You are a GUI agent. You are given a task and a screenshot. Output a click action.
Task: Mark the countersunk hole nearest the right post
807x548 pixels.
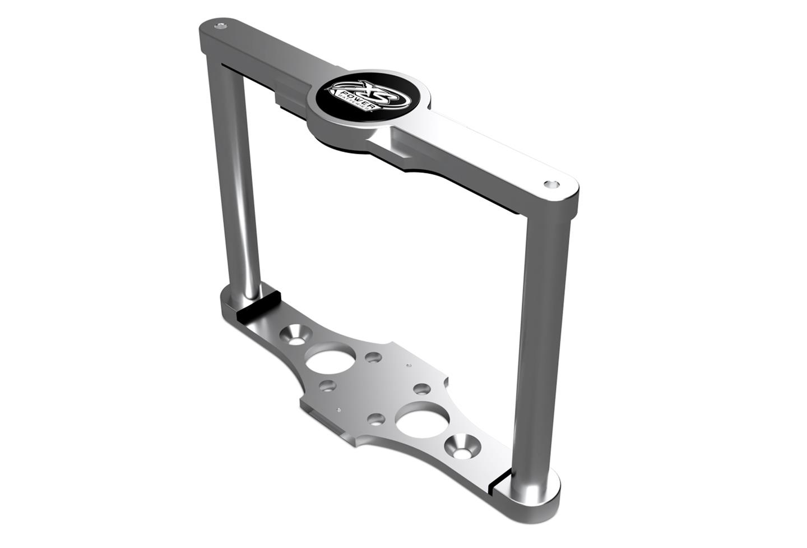click(x=462, y=446)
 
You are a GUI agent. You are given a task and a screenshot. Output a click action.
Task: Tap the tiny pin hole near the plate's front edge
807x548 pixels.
click(x=338, y=410)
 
